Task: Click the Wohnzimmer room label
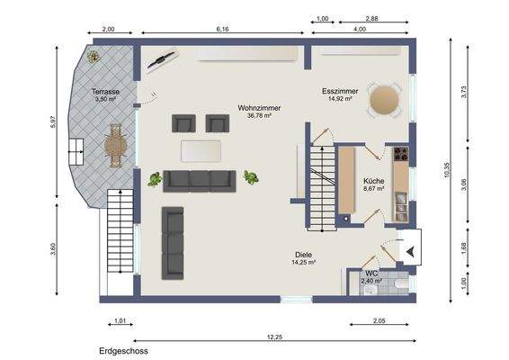pos(259,107)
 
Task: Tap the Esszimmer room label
pos(340,91)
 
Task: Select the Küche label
pos(374,181)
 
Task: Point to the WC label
pos(371,274)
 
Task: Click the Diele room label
pos(304,255)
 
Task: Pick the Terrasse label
pos(105,92)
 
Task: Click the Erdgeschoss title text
pos(123,351)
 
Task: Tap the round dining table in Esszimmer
pos(385,100)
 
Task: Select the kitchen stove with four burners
pos(401,154)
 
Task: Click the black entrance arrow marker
pos(411,251)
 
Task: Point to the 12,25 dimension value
pos(274,337)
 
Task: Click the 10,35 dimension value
pos(447,169)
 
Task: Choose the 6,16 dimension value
pos(222,29)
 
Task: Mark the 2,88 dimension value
pos(371,19)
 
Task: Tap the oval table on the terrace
pos(115,146)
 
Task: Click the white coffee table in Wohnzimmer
pos(201,151)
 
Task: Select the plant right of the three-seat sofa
pos(251,177)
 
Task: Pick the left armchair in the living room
pos(183,123)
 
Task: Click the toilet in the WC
pos(402,284)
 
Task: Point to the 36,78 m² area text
pos(259,115)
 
